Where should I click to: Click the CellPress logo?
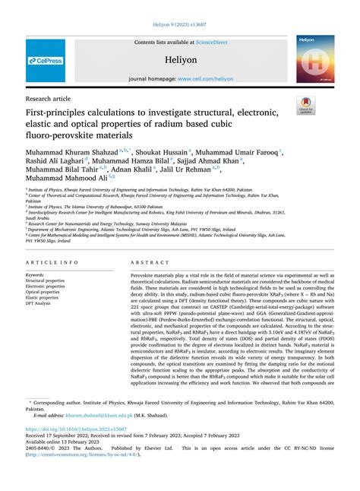coord(46,60)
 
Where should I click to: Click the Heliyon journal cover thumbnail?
coord(315,59)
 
